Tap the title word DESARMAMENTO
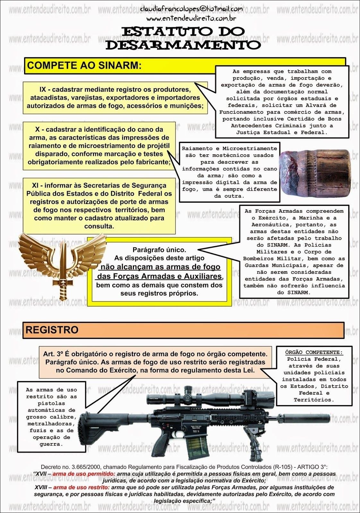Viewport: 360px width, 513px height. point(183,45)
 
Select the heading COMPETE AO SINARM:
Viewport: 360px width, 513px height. point(84,65)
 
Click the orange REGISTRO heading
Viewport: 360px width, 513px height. point(52,330)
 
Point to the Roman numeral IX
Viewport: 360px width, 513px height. point(43,89)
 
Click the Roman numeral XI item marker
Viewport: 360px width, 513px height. point(36,185)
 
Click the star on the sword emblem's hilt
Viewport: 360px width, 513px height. point(60,282)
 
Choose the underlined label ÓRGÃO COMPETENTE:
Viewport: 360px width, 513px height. point(314,352)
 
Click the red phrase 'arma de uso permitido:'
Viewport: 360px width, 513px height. point(83,474)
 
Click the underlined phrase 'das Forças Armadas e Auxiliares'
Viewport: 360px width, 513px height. point(159,276)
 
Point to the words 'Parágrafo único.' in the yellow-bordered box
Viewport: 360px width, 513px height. point(159,249)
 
